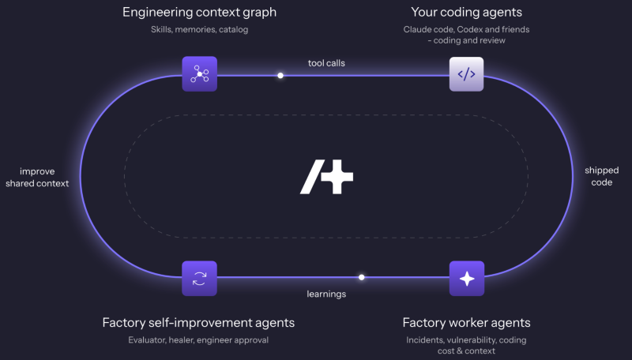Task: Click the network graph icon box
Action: pos(200,74)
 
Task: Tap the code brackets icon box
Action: pos(466,74)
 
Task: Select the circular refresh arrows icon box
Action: pos(200,279)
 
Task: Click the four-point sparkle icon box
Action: pos(467,279)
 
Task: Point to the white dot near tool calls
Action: pos(280,75)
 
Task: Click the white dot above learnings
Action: pos(362,277)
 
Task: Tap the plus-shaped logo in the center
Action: pos(327,177)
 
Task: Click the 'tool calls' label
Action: pos(326,63)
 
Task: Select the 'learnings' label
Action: pos(326,294)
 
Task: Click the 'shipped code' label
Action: pos(602,176)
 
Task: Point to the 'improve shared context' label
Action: pos(37,178)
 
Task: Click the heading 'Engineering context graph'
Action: pos(200,13)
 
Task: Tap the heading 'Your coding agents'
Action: pos(467,13)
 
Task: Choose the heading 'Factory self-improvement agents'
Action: pos(198,323)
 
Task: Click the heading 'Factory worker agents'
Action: pos(466,323)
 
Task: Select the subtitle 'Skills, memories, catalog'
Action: pos(200,29)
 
